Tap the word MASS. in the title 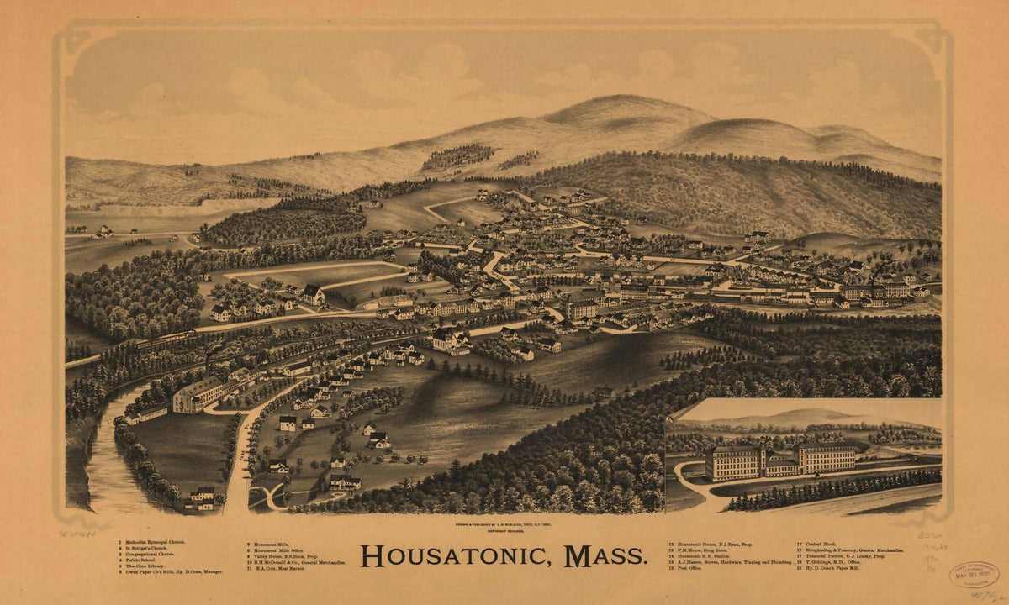tap(605, 556)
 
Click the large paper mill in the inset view tap(782, 460)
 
